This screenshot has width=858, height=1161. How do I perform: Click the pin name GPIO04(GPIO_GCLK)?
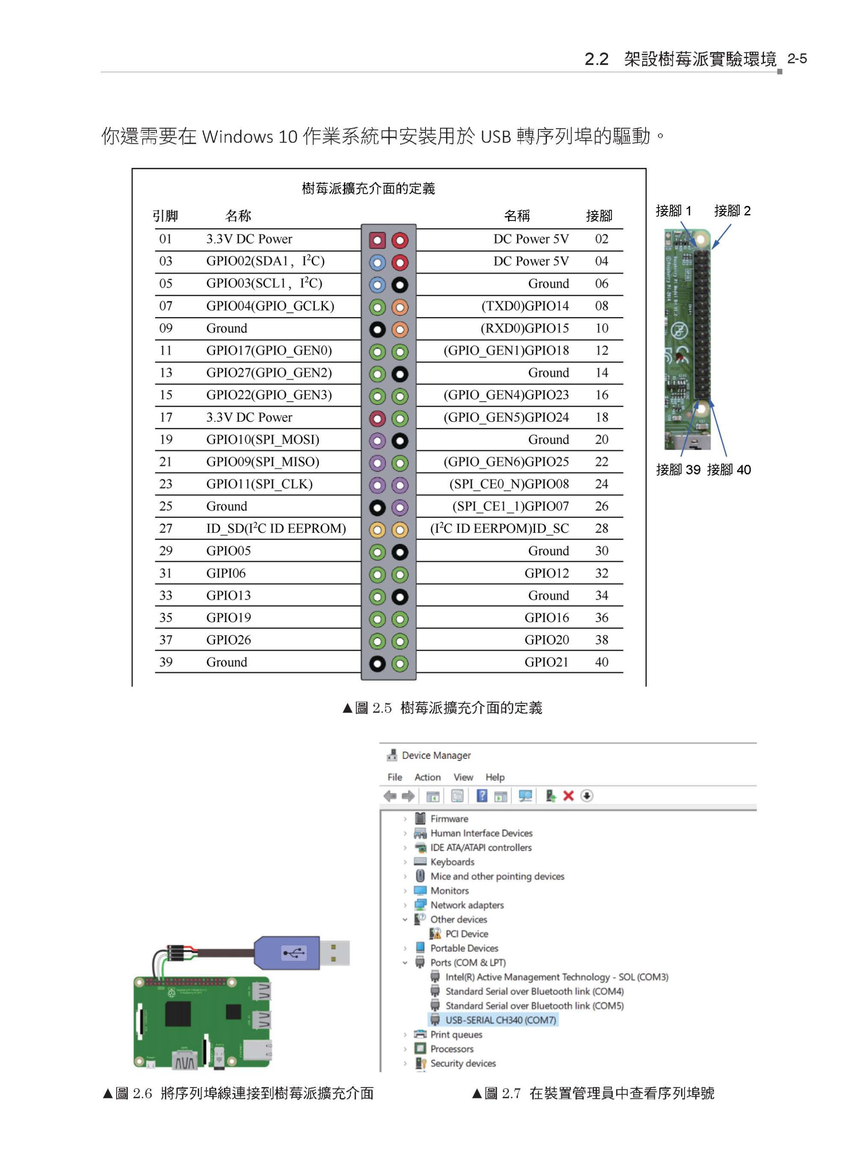tap(269, 306)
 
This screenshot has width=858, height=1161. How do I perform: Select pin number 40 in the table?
tap(601, 662)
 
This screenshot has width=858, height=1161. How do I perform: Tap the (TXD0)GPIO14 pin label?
tap(525, 306)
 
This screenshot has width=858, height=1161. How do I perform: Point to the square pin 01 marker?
tap(377, 240)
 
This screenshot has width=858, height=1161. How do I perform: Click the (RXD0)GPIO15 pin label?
tap(525, 328)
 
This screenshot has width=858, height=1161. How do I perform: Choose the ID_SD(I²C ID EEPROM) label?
tap(276, 529)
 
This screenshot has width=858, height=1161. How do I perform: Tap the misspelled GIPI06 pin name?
tap(226, 574)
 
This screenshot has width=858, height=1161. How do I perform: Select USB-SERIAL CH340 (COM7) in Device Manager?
tap(500, 1020)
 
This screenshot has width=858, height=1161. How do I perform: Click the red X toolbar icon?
tap(568, 796)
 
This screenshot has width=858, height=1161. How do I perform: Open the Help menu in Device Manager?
tap(495, 777)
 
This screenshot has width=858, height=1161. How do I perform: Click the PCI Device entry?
tap(466, 934)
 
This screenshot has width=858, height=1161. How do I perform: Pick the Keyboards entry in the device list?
tap(452, 862)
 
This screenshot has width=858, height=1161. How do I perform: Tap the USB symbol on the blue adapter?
tap(294, 952)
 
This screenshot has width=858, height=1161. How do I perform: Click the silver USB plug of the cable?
tap(334, 953)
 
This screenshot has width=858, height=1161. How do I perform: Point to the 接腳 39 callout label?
tap(678, 470)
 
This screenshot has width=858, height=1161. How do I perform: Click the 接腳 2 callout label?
tap(732, 211)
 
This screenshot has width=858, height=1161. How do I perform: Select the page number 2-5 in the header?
tap(797, 59)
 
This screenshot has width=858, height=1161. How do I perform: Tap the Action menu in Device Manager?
tap(427, 777)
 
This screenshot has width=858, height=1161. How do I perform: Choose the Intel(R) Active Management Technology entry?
tap(556, 977)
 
